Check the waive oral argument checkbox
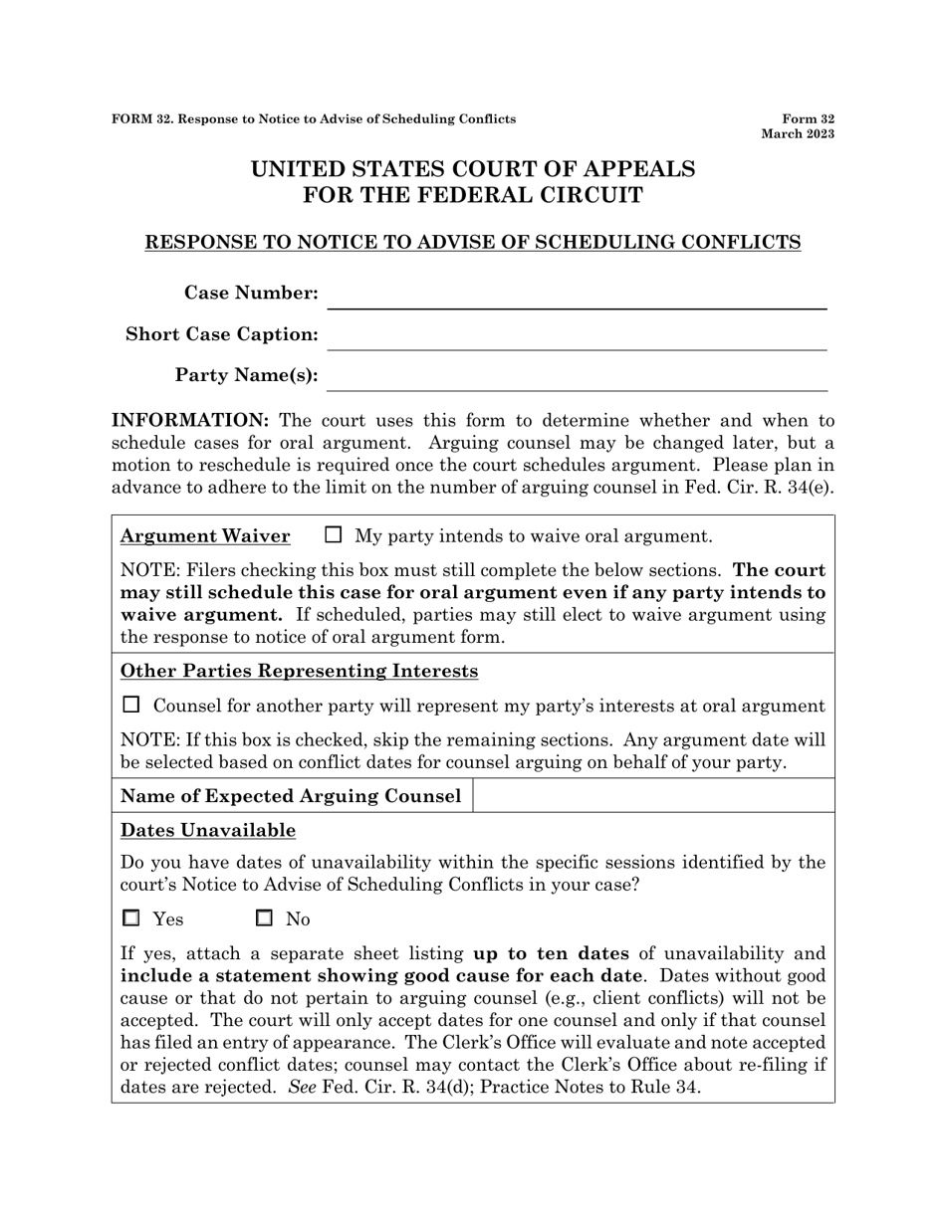[x=334, y=535]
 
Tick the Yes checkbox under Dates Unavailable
[x=130, y=918]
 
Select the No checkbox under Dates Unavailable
[x=265, y=918]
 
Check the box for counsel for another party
[x=130, y=706]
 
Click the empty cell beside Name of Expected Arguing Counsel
[x=652, y=796]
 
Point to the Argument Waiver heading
[x=205, y=536]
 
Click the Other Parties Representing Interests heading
[x=299, y=671]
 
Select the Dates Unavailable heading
[x=207, y=830]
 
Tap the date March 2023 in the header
[x=798, y=133]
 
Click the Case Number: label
[x=251, y=293]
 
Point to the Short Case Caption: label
[x=222, y=334]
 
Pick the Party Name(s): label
[x=246, y=375]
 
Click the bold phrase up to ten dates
[x=551, y=953]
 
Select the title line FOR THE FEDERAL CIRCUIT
[x=472, y=195]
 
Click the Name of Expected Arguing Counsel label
[x=290, y=796]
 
